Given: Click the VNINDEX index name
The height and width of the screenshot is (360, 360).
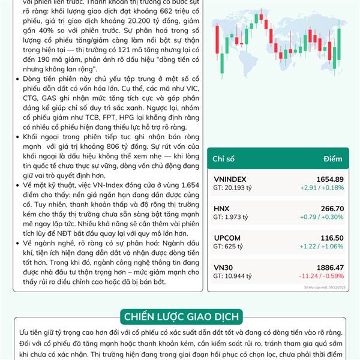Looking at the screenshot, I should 230,179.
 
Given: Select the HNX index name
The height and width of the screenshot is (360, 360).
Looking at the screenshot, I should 221,209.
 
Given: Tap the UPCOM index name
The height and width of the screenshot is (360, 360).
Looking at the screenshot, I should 226,238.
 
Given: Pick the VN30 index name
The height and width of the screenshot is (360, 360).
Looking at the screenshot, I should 223,268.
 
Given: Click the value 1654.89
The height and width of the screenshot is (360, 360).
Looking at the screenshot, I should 330,179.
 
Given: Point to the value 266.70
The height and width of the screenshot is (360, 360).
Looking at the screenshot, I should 332,209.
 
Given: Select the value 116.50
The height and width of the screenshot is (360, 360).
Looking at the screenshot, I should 332,238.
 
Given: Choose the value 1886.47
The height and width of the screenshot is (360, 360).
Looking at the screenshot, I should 330,268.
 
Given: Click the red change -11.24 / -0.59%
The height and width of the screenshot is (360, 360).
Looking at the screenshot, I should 322,277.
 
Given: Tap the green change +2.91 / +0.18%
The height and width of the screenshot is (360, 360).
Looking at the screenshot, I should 322,188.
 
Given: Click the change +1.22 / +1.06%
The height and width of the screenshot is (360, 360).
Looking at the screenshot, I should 322,247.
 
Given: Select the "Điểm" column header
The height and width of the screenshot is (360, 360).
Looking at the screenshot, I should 332,158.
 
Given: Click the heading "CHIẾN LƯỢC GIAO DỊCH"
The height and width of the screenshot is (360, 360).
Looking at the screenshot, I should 181,316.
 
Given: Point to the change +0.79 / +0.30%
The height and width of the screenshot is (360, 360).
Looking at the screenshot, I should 322,217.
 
